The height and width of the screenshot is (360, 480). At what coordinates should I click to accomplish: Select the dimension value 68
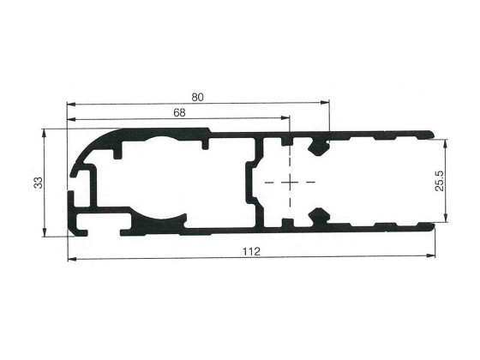coord(179,113)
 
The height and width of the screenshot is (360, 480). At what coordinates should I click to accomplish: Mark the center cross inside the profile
coord(291,183)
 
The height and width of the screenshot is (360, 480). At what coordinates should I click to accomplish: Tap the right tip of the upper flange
coord(433,135)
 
